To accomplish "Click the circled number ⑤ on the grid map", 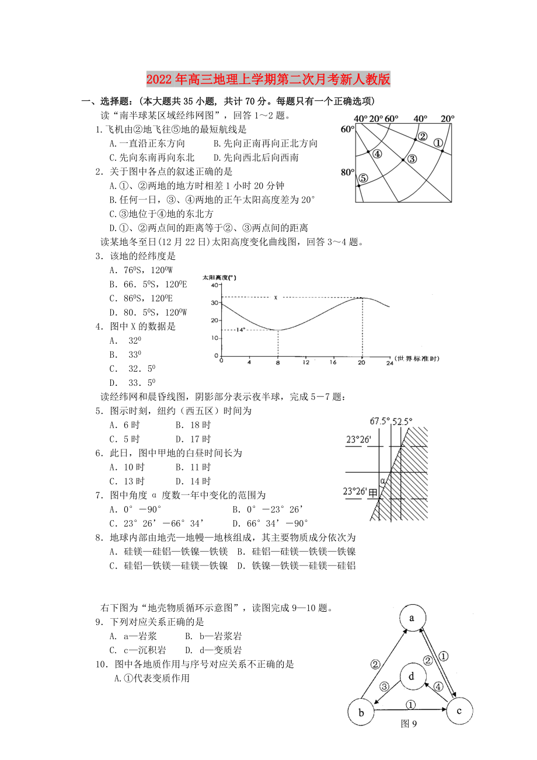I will [362, 178].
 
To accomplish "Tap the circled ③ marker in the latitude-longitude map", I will [411, 158].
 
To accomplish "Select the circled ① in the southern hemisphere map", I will [439, 142].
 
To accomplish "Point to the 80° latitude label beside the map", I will [347, 172].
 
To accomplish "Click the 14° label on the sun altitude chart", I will [241, 330].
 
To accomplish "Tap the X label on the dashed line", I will [275, 298].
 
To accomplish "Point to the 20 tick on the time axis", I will [362, 362].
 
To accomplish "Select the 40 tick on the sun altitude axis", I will [214, 284].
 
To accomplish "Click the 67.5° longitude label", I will [379, 421].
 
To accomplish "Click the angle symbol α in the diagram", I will [383, 480].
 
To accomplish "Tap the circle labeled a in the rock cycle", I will [412, 619].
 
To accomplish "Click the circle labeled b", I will [361, 713].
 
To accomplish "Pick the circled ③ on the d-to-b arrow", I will [384, 686].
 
